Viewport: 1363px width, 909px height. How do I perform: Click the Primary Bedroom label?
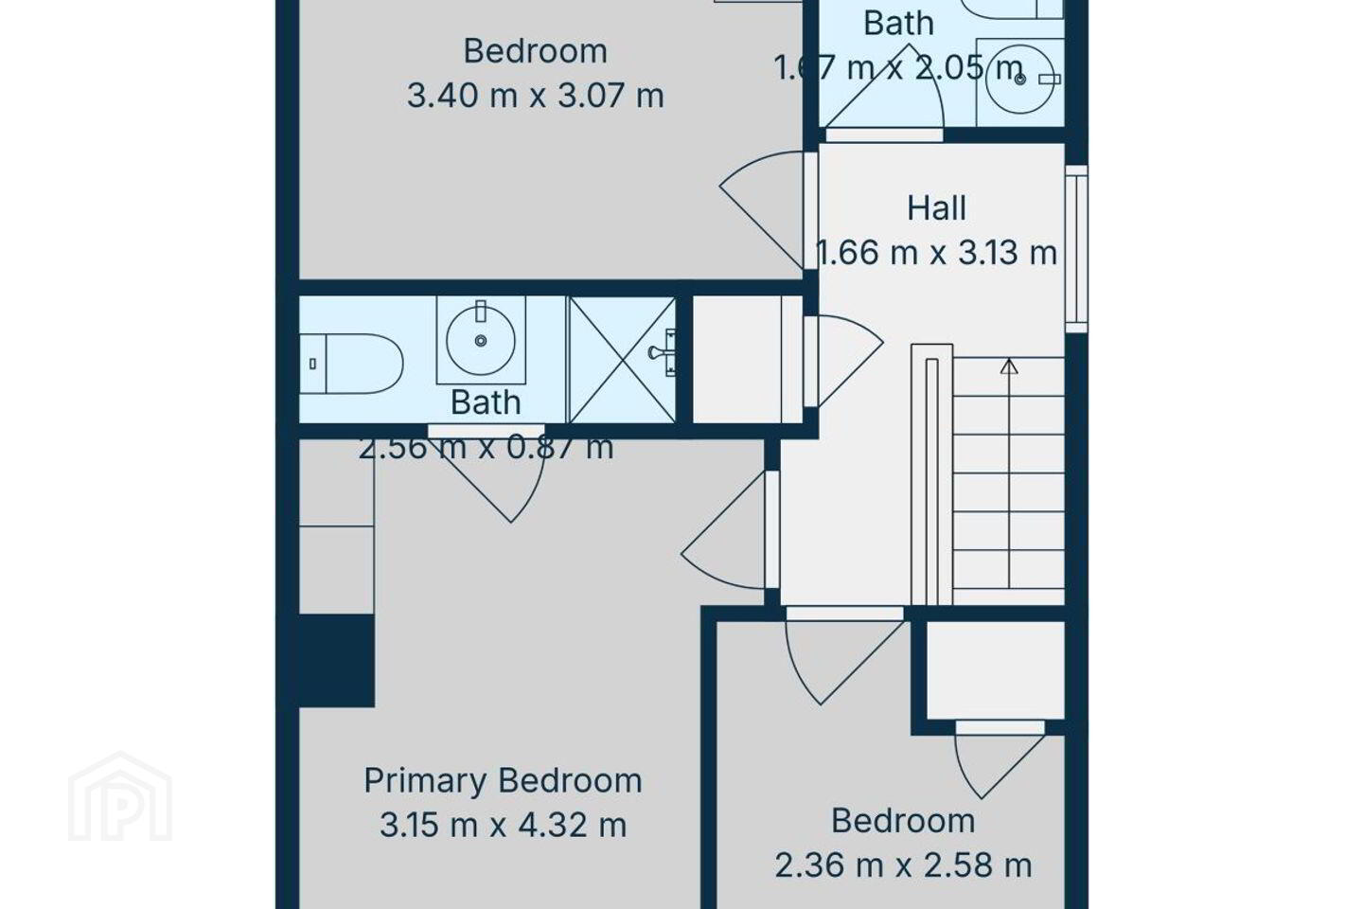click(x=503, y=781)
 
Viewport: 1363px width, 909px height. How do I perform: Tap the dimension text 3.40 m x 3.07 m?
click(x=535, y=97)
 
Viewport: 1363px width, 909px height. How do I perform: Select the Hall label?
click(x=936, y=208)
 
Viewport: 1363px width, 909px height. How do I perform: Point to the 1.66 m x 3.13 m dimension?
click(x=936, y=253)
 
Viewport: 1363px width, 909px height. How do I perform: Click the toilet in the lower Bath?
click(x=352, y=364)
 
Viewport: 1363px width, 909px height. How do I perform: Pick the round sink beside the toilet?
click(x=481, y=340)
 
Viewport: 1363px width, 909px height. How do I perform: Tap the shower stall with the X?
click(x=622, y=360)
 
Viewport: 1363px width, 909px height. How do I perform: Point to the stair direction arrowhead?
click(x=1009, y=365)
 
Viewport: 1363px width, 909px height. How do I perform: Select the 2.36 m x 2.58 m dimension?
click(x=903, y=865)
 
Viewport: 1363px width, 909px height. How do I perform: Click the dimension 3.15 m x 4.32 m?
click(x=503, y=826)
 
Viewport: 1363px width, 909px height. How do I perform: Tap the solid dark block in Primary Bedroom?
click(x=337, y=661)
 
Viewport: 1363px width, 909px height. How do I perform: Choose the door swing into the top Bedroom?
click(x=762, y=209)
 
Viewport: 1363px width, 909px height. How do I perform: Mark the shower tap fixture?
click(x=664, y=352)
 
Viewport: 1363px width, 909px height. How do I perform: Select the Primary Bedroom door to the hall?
click(x=724, y=529)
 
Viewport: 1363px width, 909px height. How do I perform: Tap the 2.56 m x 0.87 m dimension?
click(x=486, y=449)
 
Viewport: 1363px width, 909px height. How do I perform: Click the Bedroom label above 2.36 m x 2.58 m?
click(x=903, y=821)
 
